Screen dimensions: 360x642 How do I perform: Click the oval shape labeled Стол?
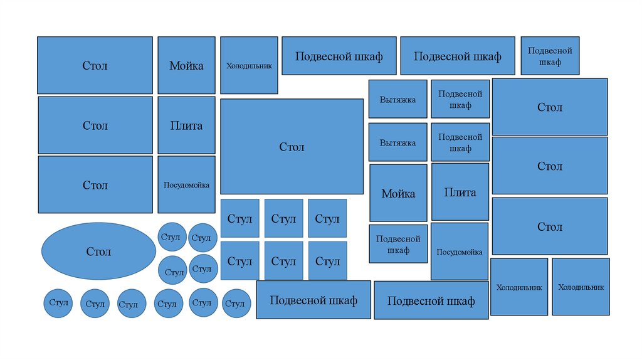pyautogui.click(x=98, y=251)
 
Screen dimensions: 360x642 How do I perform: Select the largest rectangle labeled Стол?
pyautogui.click(x=292, y=147)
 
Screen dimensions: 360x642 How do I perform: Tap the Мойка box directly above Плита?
pyautogui.click(x=186, y=65)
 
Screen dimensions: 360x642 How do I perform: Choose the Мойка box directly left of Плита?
pyautogui.click(x=398, y=193)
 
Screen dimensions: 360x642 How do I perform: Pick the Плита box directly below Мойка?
pyautogui.click(x=186, y=125)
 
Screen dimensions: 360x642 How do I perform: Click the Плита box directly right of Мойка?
pyautogui.click(x=460, y=193)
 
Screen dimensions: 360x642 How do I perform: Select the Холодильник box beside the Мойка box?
pyautogui.click(x=249, y=65)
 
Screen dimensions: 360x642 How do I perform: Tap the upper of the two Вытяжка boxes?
pyautogui.click(x=397, y=99)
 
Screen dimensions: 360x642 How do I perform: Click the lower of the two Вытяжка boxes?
pyautogui.click(x=397, y=142)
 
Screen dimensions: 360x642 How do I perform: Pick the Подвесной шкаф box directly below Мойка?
pyautogui.click(x=398, y=244)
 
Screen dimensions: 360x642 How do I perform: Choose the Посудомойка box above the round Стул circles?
pyautogui.click(x=186, y=185)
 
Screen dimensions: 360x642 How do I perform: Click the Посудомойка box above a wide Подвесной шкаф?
pyautogui.click(x=460, y=251)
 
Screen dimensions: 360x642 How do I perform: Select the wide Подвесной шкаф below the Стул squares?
pyautogui.click(x=313, y=300)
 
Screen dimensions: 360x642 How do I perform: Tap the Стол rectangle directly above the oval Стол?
pyautogui.click(x=95, y=185)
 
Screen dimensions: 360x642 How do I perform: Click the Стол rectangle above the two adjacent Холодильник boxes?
pyautogui.click(x=550, y=226)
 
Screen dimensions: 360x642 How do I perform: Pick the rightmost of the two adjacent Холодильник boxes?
pyautogui.click(x=581, y=287)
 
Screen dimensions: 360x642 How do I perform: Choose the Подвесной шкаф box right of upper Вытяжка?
pyautogui.click(x=460, y=99)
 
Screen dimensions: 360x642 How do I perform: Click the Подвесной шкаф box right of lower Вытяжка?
pyautogui.click(x=460, y=142)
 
